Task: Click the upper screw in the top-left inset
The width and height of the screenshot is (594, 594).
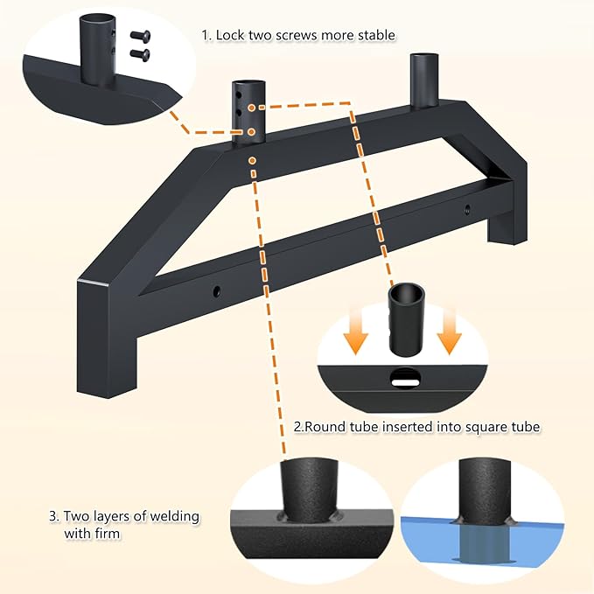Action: click(140, 37)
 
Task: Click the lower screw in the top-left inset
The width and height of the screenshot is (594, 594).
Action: click(140, 55)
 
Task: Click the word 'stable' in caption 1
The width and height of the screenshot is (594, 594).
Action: click(376, 35)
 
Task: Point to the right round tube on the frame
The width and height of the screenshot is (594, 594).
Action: click(424, 81)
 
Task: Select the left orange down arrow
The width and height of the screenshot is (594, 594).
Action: click(356, 334)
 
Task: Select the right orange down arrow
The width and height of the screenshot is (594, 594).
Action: click(449, 334)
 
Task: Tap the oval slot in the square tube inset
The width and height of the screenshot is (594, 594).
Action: click(405, 377)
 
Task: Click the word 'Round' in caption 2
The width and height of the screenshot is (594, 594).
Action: click(323, 427)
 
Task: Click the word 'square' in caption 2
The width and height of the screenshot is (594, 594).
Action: click(486, 427)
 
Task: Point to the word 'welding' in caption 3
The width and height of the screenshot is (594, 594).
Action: click(175, 516)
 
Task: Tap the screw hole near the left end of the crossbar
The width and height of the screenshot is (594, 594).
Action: click(216, 291)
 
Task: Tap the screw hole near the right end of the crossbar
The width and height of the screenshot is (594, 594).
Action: click(468, 208)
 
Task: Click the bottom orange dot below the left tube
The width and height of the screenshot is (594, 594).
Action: click(252, 161)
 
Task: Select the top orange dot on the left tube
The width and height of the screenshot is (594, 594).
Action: click(252, 108)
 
